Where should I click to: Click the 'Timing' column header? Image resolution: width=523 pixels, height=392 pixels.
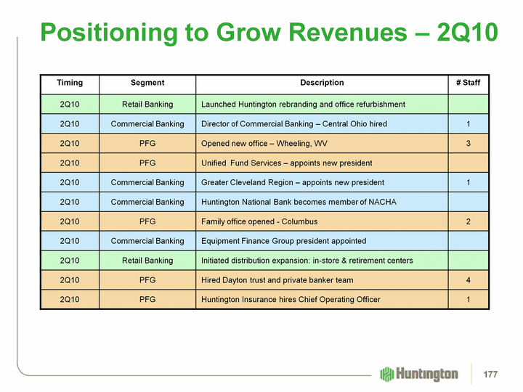(70, 83)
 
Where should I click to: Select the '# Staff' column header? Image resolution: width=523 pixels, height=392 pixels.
(469, 83)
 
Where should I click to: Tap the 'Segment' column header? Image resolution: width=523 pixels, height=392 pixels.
(147, 83)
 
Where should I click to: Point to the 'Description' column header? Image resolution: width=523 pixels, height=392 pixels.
(322, 83)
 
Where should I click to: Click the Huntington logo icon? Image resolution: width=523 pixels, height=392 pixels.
(386, 374)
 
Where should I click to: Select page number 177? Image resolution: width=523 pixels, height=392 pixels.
(492, 374)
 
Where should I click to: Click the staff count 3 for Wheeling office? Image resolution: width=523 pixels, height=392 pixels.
(469, 144)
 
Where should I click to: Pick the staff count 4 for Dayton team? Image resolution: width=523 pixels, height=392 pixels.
(469, 279)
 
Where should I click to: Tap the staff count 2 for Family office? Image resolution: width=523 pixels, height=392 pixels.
(469, 221)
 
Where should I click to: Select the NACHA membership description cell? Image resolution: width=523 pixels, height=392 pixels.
(299, 202)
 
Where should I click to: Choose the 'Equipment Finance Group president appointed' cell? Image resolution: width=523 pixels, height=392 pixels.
(283, 241)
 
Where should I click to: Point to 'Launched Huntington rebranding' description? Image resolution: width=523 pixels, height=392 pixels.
(303, 105)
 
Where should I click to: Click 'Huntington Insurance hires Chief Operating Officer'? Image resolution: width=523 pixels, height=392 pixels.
(291, 299)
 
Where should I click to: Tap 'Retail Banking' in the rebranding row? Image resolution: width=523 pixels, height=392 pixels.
(147, 105)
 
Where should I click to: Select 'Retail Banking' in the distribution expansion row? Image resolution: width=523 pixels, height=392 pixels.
(147, 260)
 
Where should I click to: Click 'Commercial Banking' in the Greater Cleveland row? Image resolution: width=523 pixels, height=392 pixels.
(147, 182)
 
